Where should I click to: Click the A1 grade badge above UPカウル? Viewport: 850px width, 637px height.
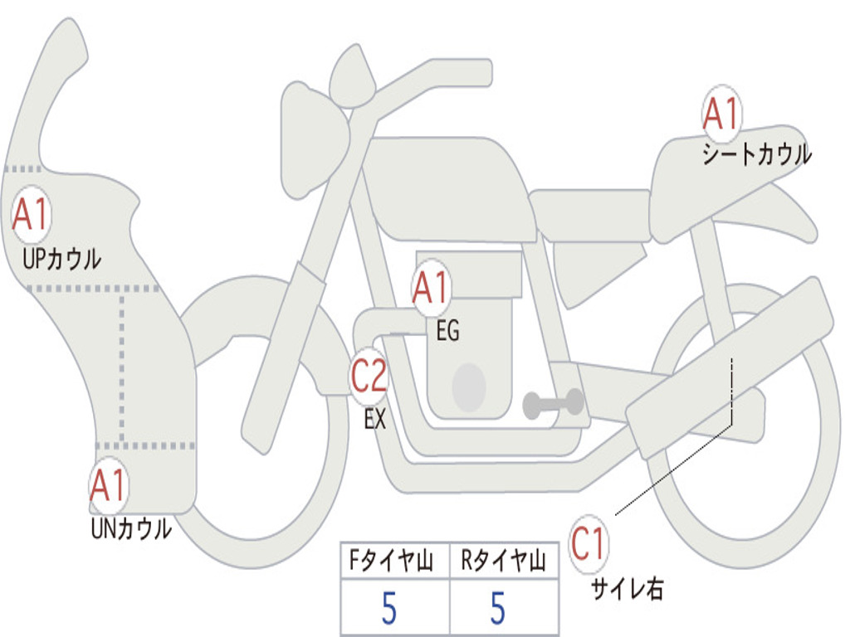(31, 215)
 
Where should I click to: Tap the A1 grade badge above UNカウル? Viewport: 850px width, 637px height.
(109, 486)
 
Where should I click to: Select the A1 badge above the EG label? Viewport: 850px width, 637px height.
(431, 288)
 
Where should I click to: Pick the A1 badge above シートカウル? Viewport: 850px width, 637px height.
(721, 114)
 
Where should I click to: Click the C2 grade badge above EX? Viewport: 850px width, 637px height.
(369, 377)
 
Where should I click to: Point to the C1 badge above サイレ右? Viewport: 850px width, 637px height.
(589, 544)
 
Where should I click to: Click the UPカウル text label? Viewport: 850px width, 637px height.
(61, 259)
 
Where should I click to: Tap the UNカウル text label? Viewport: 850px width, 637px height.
(131, 528)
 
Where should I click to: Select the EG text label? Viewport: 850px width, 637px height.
(447, 330)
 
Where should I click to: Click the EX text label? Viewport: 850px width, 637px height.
(375, 419)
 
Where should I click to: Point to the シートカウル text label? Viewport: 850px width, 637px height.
(757, 153)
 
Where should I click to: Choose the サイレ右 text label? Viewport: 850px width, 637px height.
(628, 588)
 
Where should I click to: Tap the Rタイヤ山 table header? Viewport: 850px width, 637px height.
(503, 560)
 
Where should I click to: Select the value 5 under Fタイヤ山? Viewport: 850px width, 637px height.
(389, 608)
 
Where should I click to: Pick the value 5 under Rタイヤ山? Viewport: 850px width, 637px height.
(498, 608)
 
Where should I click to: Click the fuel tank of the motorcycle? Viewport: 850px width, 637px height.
(450, 187)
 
